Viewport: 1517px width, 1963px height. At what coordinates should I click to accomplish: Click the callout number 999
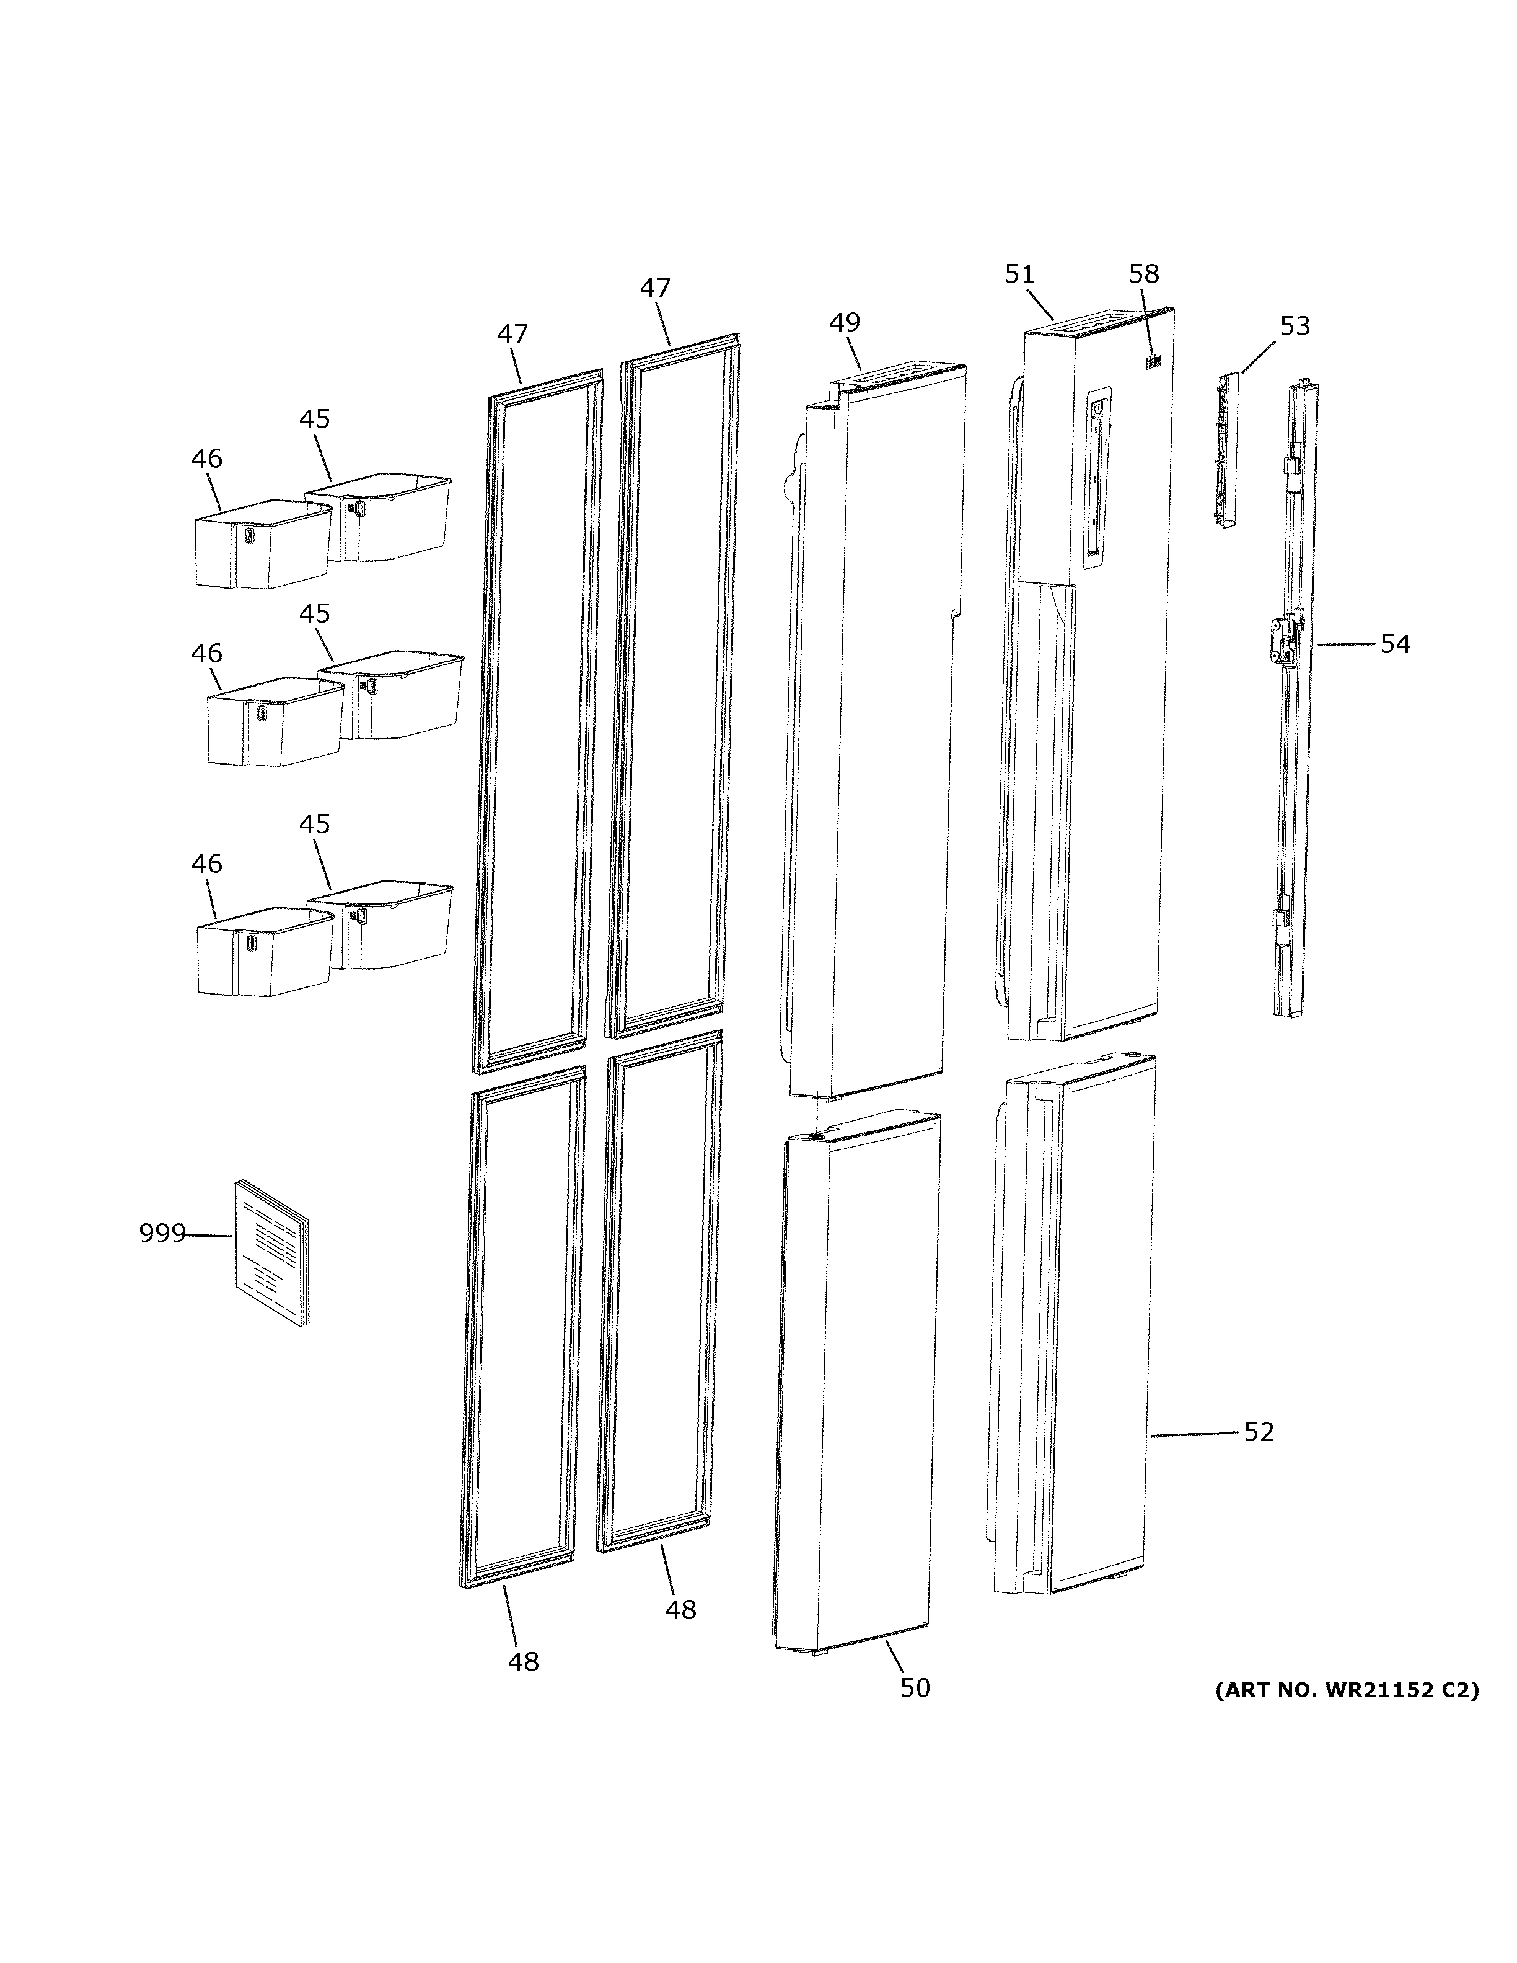pos(162,1233)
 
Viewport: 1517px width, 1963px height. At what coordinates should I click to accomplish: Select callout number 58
pos(1144,274)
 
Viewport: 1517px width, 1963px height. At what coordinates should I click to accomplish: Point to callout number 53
pos(1294,327)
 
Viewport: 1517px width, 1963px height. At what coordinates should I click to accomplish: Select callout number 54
pos(1395,644)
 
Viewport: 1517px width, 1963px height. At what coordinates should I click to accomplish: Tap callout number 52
pos(1258,1432)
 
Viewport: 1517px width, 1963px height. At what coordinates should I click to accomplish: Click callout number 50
pos(915,1688)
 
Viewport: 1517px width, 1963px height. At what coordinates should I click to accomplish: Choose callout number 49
pos(844,322)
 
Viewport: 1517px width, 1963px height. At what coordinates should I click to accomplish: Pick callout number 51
pos(1019,274)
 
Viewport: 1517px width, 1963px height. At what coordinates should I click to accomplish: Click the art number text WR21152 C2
pos(1346,1690)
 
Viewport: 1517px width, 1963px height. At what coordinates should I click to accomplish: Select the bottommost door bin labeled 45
pos(392,926)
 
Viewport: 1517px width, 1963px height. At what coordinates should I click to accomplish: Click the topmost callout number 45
pos(315,419)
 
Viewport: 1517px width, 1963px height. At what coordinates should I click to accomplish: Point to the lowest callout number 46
pos(207,864)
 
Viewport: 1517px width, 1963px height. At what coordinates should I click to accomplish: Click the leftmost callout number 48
pos(523,1662)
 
